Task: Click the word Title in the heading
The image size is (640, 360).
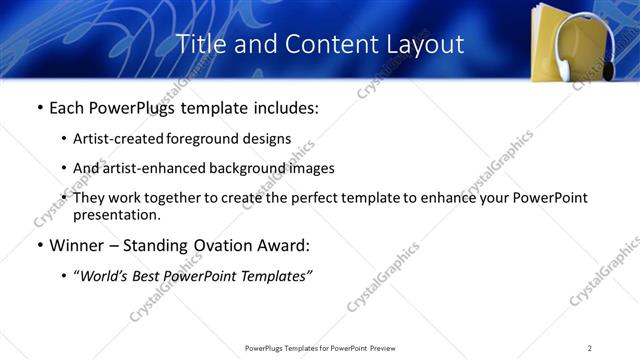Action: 200,45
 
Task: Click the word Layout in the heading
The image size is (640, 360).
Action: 426,45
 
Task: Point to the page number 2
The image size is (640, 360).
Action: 590,348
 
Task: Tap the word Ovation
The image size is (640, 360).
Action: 226,245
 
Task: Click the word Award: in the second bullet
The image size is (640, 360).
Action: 287,245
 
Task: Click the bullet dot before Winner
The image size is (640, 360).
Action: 39,246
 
